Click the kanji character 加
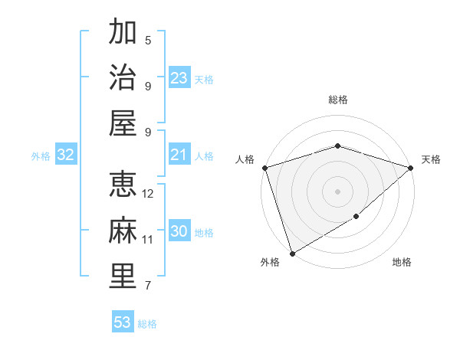123,32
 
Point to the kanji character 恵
123,184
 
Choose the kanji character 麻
123,230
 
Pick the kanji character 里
123,276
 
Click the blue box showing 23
179,78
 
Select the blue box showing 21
179,155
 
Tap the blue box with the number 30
179,232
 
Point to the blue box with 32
66,155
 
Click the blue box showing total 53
123,322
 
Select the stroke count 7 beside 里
148,286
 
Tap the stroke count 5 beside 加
148,41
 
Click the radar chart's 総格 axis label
338,100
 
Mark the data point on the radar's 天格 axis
411,168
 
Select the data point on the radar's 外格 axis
292,253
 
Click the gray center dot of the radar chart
337,191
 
